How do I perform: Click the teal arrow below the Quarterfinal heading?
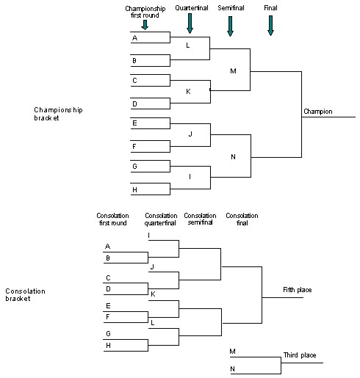[190, 23]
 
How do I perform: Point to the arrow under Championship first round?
[145, 24]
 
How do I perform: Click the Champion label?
[317, 112]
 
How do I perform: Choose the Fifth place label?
[298, 290]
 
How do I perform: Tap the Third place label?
[300, 355]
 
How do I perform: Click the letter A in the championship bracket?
[134, 37]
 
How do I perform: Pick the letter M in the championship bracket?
[233, 70]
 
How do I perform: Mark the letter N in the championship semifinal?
[233, 157]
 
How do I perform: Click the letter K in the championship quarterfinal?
[188, 92]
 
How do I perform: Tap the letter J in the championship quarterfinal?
[190, 134]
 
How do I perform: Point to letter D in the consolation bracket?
[108, 288]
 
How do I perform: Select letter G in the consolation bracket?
[108, 333]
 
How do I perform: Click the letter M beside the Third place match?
[232, 352]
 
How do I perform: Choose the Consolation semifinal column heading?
[198, 219]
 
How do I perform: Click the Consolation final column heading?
[242, 219]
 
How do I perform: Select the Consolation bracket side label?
[25, 294]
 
